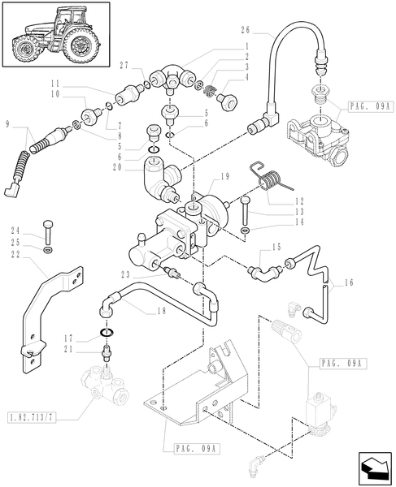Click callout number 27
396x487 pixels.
[x=123, y=65]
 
